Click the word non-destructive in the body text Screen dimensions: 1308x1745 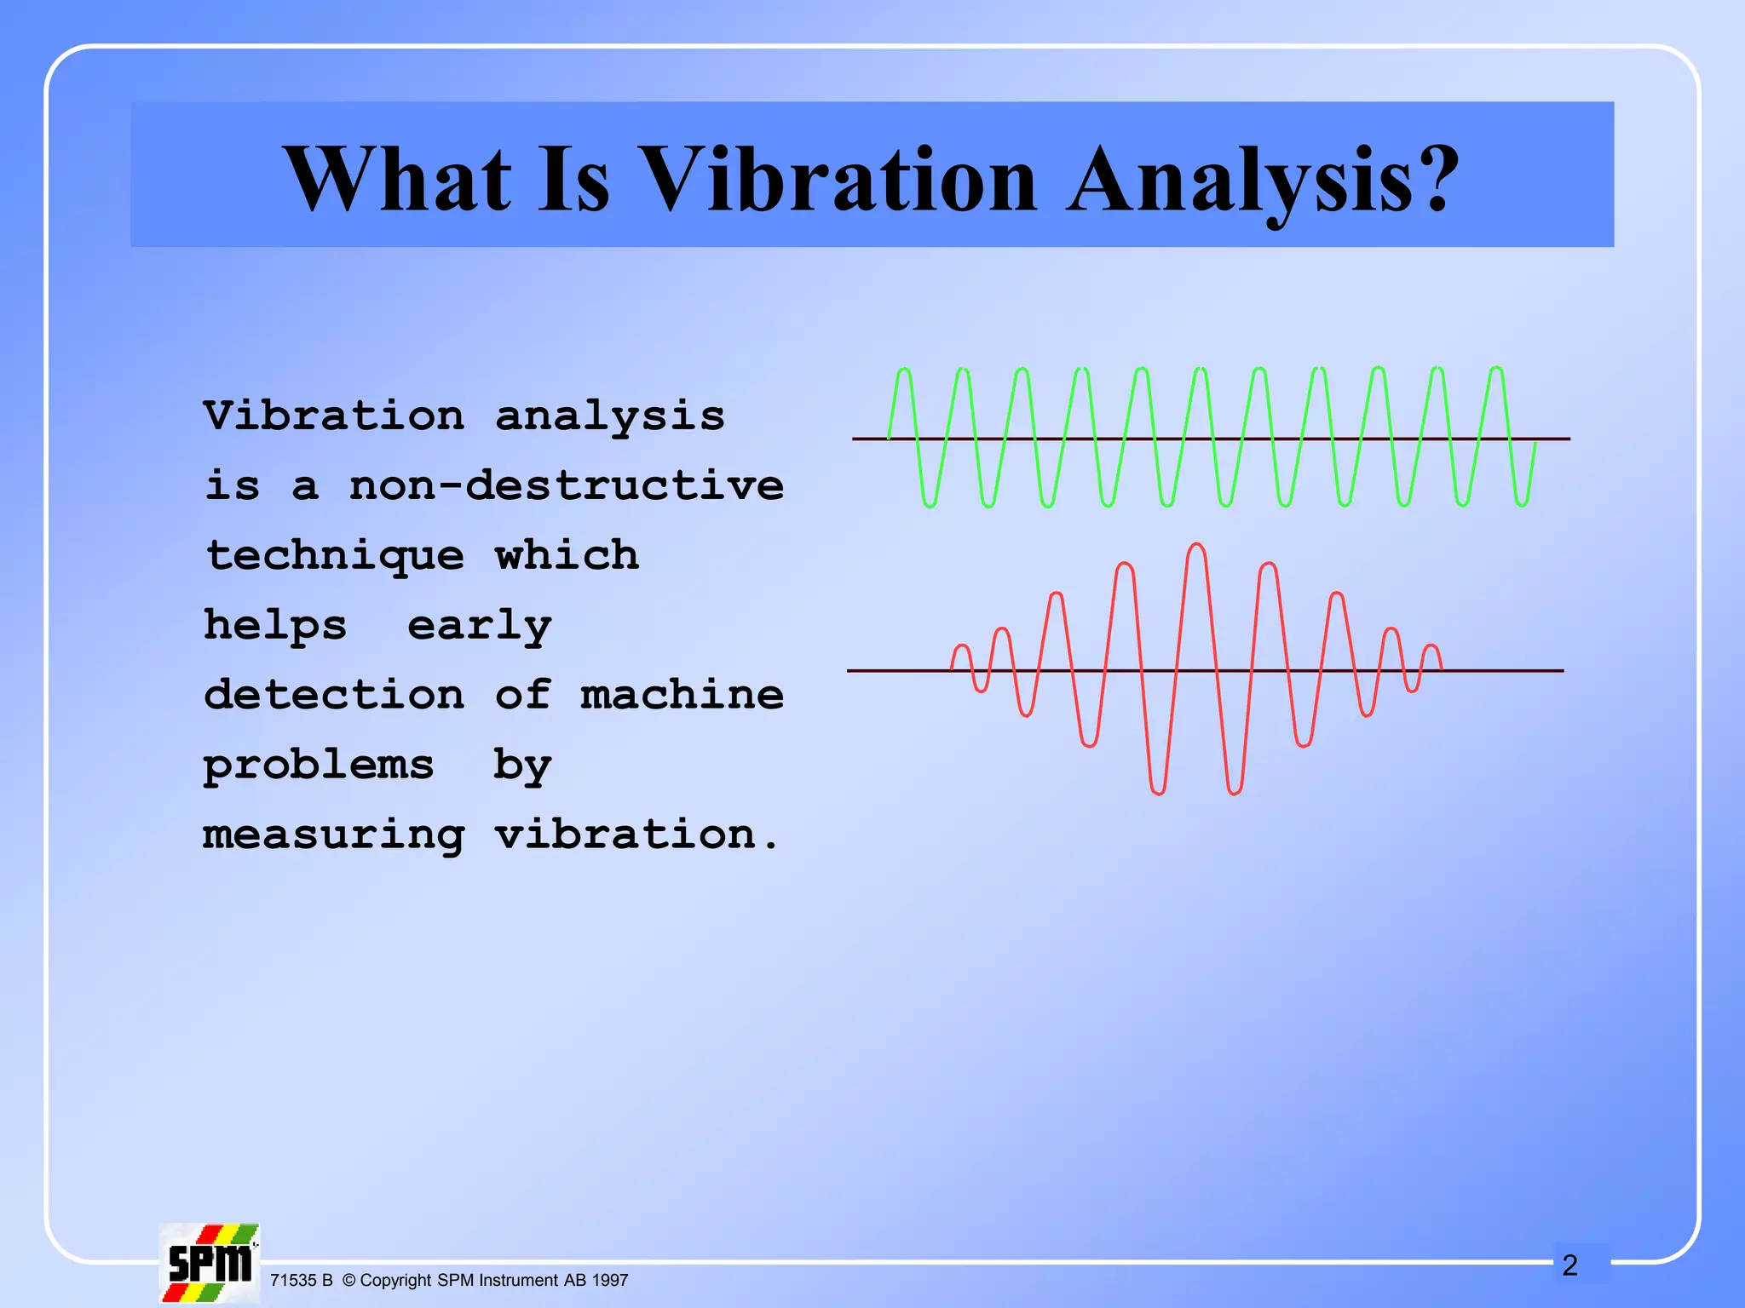click(x=566, y=485)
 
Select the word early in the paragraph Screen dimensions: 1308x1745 click(x=479, y=627)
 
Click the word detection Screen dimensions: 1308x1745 click(x=334, y=695)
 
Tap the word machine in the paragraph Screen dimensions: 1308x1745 click(x=682, y=695)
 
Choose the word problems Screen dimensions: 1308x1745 click(x=318, y=766)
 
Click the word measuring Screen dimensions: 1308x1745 click(x=334, y=835)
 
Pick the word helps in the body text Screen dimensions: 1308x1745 click(x=275, y=626)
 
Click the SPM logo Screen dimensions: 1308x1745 click(x=210, y=1263)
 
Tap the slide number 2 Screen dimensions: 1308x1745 click(x=1570, y=1265)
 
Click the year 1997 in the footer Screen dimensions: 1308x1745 click(x=610, y=1281)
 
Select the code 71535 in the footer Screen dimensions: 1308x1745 click(x=293, y=1281)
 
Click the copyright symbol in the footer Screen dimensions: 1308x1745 click(x=348, y=1281)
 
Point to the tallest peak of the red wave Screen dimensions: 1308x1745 click(x=1197, y=546)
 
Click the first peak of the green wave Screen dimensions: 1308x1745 click(x=904, y=371)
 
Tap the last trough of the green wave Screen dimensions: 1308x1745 click(x=1522, y=504)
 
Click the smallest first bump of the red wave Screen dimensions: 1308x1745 click(x=961, y=647)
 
